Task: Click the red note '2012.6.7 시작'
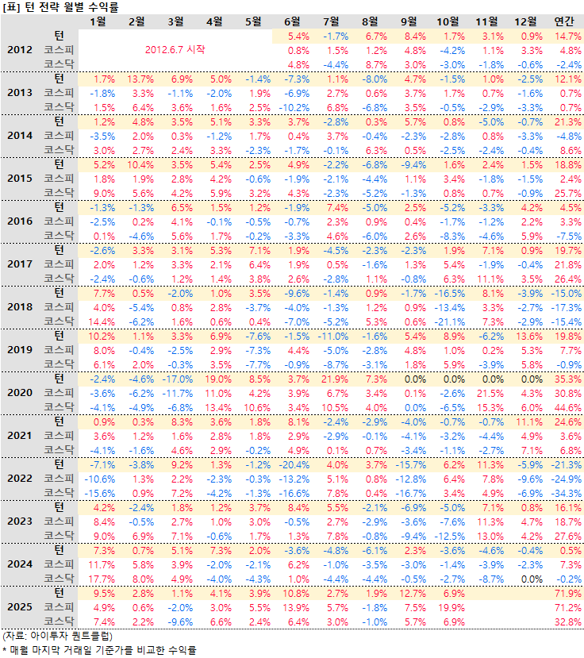click(175, 49)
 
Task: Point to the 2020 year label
click(20, 392)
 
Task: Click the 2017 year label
click(20, 264)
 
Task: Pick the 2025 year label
click(20, 606)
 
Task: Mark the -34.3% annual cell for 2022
click(567, 492)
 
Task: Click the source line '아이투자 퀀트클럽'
click(58, 637)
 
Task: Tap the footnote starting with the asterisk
click(98, 650)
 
